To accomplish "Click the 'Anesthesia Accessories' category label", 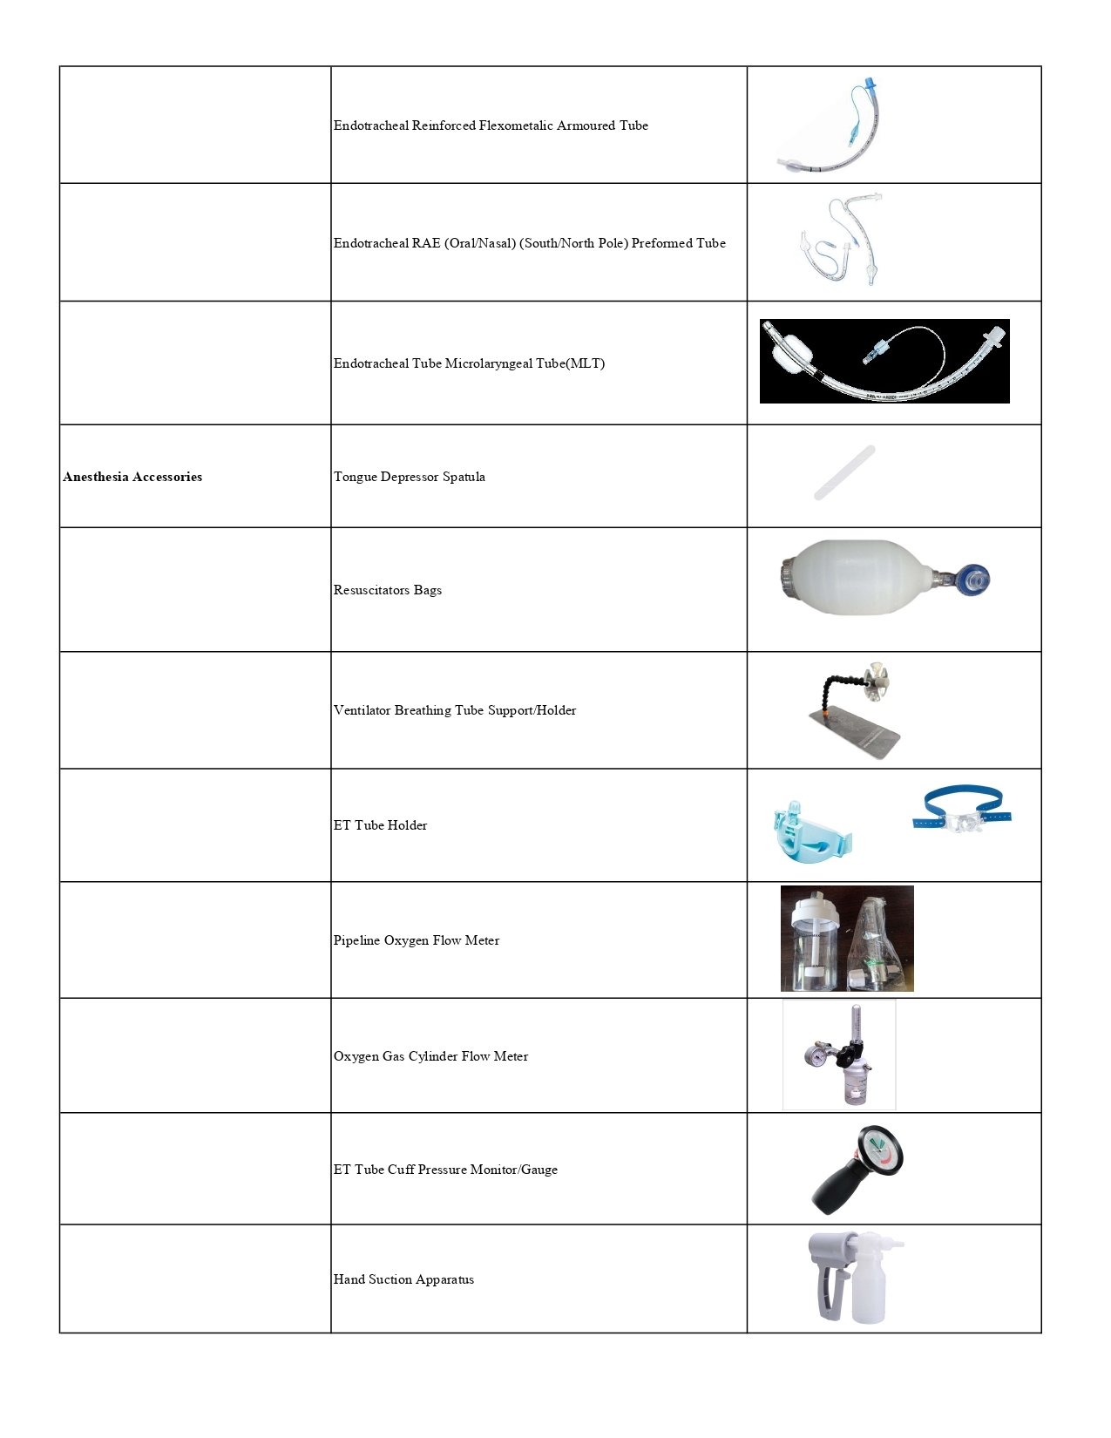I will pyautogui.click(x=132, y=477).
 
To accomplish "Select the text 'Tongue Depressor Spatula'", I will pyautogui.click(x=409, y=477).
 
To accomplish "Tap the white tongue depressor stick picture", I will pyautogui.click(x=843, y=473).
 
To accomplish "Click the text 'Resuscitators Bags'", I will pyautogui.click(x=387, y=590).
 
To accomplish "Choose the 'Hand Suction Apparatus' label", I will pyautogui.click(x=403, y=1279).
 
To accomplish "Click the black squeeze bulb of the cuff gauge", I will pyautogui.click(x=835, y=1190).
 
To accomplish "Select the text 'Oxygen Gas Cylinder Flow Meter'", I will pyautogui.click(x=430, y=1056).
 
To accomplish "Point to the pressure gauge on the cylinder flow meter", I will pyautogui.click(x=816, y=1055).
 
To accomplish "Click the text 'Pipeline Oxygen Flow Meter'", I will pyautogui.click(x=416, y=940).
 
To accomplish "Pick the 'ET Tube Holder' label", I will pyautogui.click(x=380, y=825).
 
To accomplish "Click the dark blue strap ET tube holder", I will pyautogui.click(x=962, y=810).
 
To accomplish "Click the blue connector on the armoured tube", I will pyautogui.click(x=868, y=85).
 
